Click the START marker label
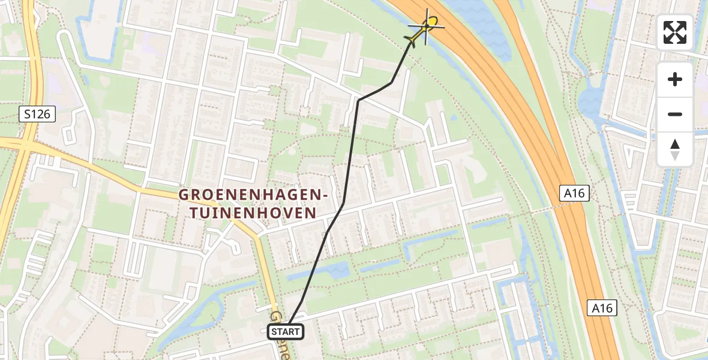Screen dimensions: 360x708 (286, 331)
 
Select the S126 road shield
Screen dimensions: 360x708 (37, 114)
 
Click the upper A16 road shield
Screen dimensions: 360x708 (574, 193)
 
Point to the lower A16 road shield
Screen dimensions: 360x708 (602, 308)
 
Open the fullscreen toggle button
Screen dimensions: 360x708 (675, 32)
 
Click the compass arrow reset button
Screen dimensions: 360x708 (675, 149)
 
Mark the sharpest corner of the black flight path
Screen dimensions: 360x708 (358, 100)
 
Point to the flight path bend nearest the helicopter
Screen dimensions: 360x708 (392, 82)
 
